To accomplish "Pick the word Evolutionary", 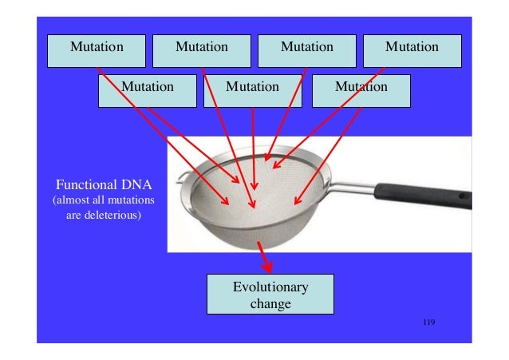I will click(270, 287).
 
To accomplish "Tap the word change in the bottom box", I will click(270, 303).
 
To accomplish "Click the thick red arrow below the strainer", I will click(266, 259).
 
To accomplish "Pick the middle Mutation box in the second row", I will click(252, 89).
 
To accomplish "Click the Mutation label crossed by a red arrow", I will click(361, 87).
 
